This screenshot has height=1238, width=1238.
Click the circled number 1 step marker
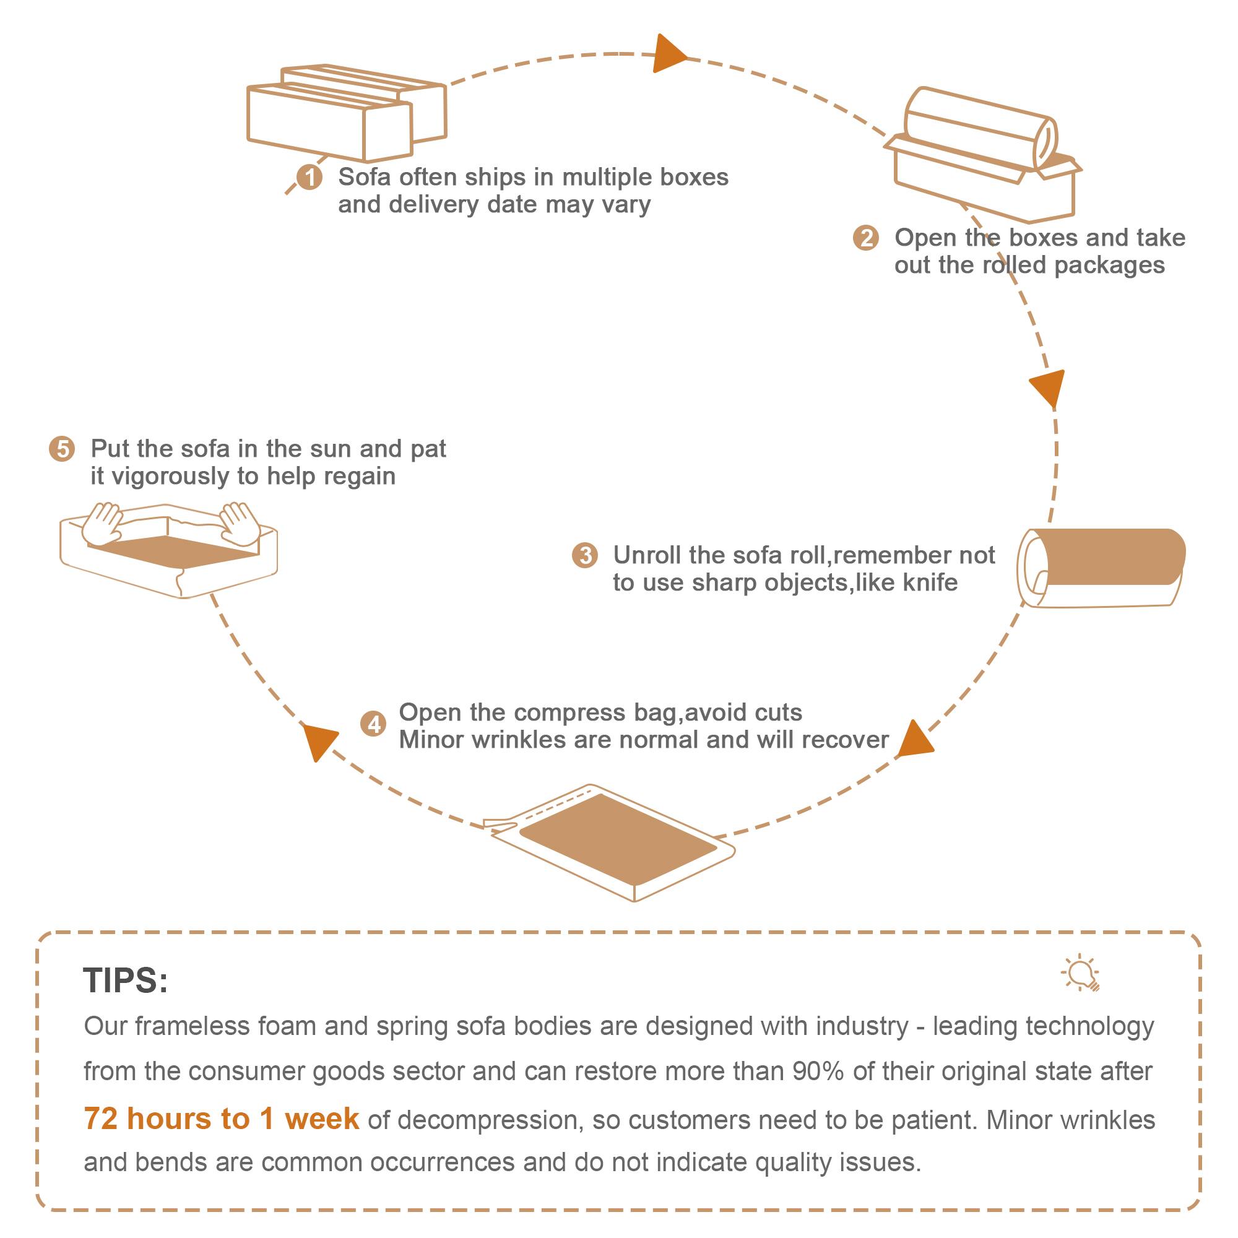[x=309, y=177]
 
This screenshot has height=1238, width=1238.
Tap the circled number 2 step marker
[x=866, y=238]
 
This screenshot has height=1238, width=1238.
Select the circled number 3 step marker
[x=584, y=555]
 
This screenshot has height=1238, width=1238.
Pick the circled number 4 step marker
[x=374, y=724]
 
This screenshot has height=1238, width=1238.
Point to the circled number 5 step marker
[x=62, y=449]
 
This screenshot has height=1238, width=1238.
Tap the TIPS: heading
[x=126, y=980]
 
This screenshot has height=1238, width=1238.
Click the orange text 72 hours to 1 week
[x=221, y=1119]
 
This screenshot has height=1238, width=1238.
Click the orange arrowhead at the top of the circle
[x=668, y=55]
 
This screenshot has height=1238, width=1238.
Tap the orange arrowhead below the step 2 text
[x=1047, y=387]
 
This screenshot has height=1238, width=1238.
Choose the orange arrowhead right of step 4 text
[x=914, y=740]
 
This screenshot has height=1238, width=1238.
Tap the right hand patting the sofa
[x=240, y=522]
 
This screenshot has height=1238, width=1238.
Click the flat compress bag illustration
[x=617, y=839]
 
